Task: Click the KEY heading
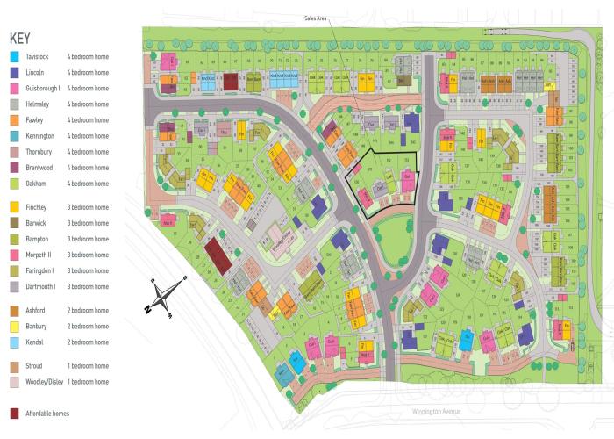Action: pos(21,39)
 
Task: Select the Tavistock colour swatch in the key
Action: pos(15,57)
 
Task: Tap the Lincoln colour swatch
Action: pos(15,73)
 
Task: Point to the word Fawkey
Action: pos(36,120)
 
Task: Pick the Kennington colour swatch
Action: pos(15,136)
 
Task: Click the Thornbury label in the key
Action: pos(40,152)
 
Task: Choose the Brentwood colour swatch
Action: pos(15,168)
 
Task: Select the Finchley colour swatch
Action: pos(15,207)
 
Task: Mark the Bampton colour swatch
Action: pos(15,239)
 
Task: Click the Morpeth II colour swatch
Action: pos(15,255)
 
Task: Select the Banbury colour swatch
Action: pos(15,326)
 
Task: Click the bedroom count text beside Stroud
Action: pos(89,365)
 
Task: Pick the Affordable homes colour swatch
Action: pos(15,413)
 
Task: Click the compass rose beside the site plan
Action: pos(166,295)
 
